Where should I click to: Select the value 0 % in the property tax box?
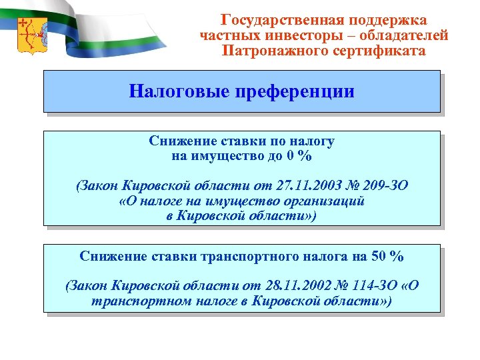tap(299, 157)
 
